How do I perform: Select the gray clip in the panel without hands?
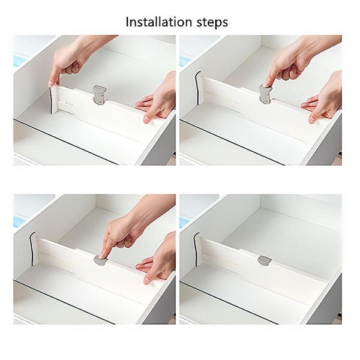pos(264,260)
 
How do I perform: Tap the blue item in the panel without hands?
pos(184,221)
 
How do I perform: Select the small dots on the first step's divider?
pos(69,103)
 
